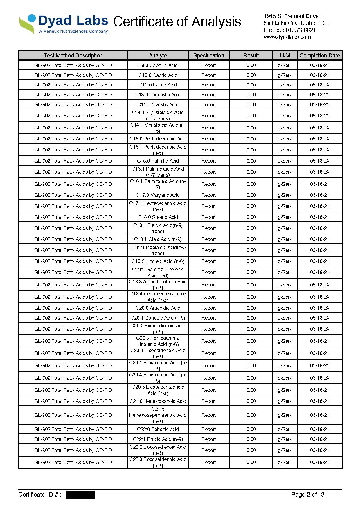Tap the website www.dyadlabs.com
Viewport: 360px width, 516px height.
[287, 37]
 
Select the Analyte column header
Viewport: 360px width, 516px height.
[158, 55]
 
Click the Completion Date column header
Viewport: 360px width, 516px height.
[319, 55]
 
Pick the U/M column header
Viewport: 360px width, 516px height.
[285, 55]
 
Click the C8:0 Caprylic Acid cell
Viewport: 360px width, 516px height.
[158, 65]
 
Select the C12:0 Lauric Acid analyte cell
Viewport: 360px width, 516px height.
[158, 85]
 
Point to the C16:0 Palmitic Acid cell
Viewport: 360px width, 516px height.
[158, 161]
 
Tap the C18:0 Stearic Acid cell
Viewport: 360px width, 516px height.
[158, 217]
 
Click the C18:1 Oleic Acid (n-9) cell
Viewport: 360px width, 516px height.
[158, 239]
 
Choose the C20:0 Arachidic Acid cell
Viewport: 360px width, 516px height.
[158, 308]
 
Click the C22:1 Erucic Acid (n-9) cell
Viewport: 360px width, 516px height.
[158, 439]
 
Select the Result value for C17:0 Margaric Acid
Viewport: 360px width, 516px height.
[251, 195]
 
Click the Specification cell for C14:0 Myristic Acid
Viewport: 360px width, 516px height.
[208, 104]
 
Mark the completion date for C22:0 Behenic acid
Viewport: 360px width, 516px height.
[319, 429]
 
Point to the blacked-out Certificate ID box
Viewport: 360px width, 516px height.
[80, 495]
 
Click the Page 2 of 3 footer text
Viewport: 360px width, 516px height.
[308, 495]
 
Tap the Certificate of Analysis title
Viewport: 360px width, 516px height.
[177, 22]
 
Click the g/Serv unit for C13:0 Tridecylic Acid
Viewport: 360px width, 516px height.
[285, 95]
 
